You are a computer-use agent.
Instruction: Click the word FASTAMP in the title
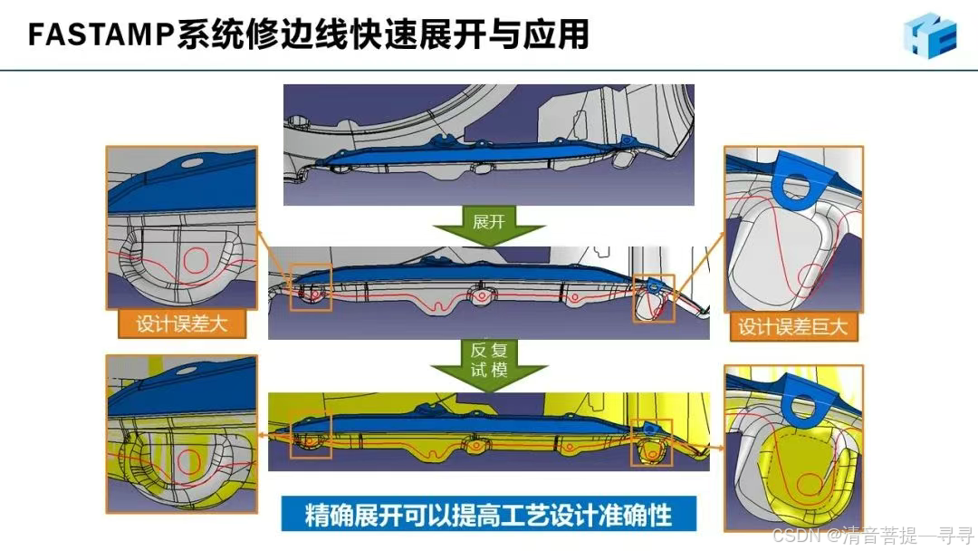101,34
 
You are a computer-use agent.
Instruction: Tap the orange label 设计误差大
182,324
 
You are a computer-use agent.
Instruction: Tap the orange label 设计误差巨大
793,326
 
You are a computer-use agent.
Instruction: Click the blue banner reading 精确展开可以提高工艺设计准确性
489,515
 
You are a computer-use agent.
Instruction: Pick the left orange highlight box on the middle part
311,288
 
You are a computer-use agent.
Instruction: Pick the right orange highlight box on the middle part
654,298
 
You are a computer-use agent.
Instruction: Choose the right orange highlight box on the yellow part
652,440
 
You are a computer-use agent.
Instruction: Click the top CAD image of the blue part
489,144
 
